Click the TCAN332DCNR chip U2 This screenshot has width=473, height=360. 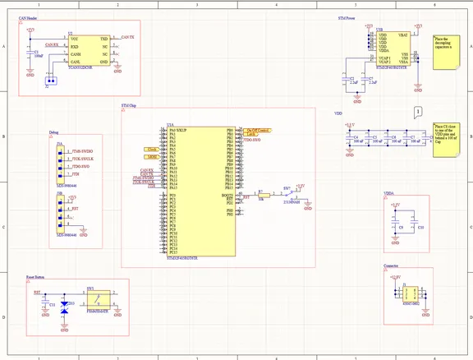coord(90,50)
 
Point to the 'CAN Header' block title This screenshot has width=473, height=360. coord(30,17)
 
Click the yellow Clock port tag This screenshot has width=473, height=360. coord(153,148)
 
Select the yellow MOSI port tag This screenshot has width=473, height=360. coord(153,156)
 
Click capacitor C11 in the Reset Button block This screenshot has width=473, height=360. coord(46,304)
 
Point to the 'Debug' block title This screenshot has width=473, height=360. coord(53,132)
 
